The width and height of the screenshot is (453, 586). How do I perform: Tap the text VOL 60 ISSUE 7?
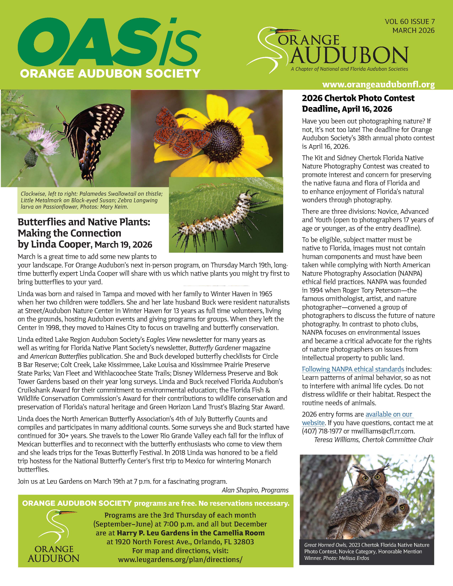(409, 22)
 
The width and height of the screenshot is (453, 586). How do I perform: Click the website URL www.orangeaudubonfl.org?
(378, 85)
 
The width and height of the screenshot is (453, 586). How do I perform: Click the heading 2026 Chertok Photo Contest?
(358, 98)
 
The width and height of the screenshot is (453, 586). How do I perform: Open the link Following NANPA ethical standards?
(353, 369)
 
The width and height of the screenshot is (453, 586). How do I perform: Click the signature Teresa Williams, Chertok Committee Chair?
(374, 440)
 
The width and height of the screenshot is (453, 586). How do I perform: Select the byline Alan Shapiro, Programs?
(255, 490)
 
